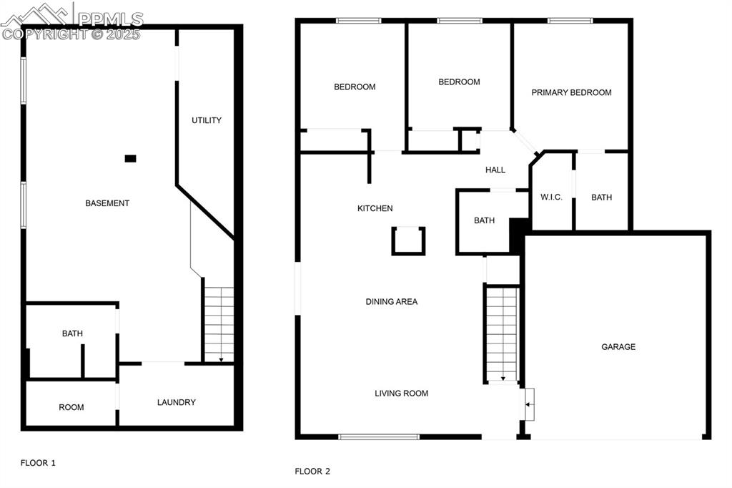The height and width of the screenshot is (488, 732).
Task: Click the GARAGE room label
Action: coord(618,347)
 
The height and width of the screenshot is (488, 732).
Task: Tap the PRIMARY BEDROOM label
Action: coord(571,92)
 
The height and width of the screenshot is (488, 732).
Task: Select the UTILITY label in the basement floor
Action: coord(206,120)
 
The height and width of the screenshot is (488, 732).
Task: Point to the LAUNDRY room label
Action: coord(176,402)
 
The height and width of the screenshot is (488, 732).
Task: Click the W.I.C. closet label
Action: coord(552,197)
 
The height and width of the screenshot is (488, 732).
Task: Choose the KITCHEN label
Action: coord(375,208)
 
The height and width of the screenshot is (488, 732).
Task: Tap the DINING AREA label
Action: coord(391,302)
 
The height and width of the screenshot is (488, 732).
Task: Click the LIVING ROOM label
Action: coord(401,393)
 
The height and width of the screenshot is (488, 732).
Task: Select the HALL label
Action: coord(495,170)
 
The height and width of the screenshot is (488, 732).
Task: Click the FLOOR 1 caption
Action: coord(38,463)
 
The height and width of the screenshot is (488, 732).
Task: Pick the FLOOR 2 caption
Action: coord(312,472)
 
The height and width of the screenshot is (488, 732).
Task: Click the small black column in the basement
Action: coord(130,158)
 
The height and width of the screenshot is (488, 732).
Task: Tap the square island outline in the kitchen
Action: coord(408,240)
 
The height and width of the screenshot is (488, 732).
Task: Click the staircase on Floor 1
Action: coord(219,324)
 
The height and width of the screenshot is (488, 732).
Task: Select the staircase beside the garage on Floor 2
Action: coord(502,333)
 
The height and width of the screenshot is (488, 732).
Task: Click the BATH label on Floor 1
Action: coord(72,333)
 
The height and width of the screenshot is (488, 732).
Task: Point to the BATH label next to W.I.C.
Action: coord(601,197)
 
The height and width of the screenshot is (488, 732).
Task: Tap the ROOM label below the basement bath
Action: coord(71,407)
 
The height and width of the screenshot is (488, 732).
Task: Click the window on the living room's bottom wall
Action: coord(378,436)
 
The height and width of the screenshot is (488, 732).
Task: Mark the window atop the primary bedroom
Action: coord(570,21)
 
